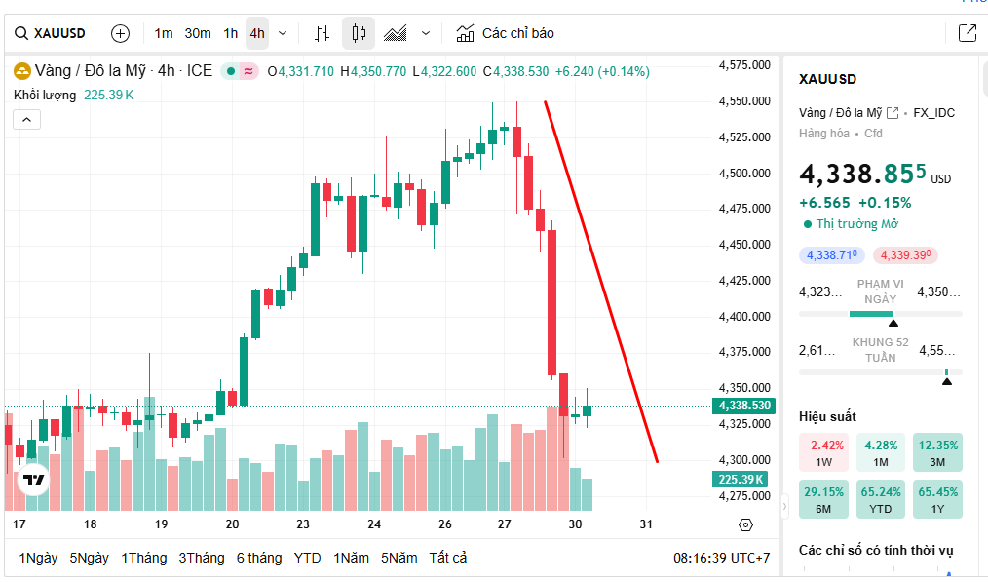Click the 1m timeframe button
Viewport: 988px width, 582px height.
pos(164,33)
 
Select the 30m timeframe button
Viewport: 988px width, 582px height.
pos(198,33)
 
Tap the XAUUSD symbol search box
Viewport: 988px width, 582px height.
pos(51,33)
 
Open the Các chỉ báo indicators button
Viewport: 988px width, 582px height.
pos(506,33)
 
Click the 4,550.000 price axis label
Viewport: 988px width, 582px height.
pos(744,101)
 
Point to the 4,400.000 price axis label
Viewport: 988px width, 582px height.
pos(744,317)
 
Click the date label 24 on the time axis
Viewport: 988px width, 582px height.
pos(374,524)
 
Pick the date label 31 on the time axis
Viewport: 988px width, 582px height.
pos(646,524)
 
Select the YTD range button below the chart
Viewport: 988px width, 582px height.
pos(308,558)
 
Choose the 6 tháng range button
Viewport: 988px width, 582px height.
pos(259,558)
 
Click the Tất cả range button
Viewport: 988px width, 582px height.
pos(448,558)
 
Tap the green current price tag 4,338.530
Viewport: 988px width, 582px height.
pos(744,406)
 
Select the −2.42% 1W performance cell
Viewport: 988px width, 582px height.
pos(823,452)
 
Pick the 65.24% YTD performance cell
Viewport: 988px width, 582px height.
pos(881,498)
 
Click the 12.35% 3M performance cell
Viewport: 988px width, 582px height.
pos(937,452)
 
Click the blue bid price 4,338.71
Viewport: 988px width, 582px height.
pos(832,255)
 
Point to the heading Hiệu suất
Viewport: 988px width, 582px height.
pos(827,416)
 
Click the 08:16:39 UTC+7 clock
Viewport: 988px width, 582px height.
pos(722,558)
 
